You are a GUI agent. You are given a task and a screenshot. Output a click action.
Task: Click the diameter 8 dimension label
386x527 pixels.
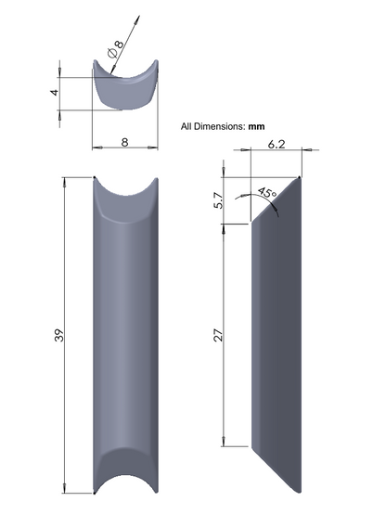pyautogui.click(x=116, y=49)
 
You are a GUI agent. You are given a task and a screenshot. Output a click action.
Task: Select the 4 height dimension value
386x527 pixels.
pyautogui.click(x=55, y=92)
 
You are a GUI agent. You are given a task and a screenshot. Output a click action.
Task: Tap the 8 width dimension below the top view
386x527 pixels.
pyautogui.click(x=124, y=143)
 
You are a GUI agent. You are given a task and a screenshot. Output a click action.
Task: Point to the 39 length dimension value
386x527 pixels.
pyautogui.click(x=58, y=335)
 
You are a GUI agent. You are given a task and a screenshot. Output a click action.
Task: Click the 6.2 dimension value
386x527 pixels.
pyautogui.click(x=277, y=144)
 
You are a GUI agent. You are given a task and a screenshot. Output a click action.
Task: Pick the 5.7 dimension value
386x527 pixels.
pyautogui.click(x=219, y=200)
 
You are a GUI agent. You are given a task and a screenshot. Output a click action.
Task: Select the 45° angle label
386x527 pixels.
pyautogui.click(x=267, y=194)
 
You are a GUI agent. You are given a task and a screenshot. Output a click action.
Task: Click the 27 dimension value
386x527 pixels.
pyautogui.click(x=219, y=335)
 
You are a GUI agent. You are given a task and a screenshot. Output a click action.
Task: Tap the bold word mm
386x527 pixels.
pyautogui.click(x=256, y=127)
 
